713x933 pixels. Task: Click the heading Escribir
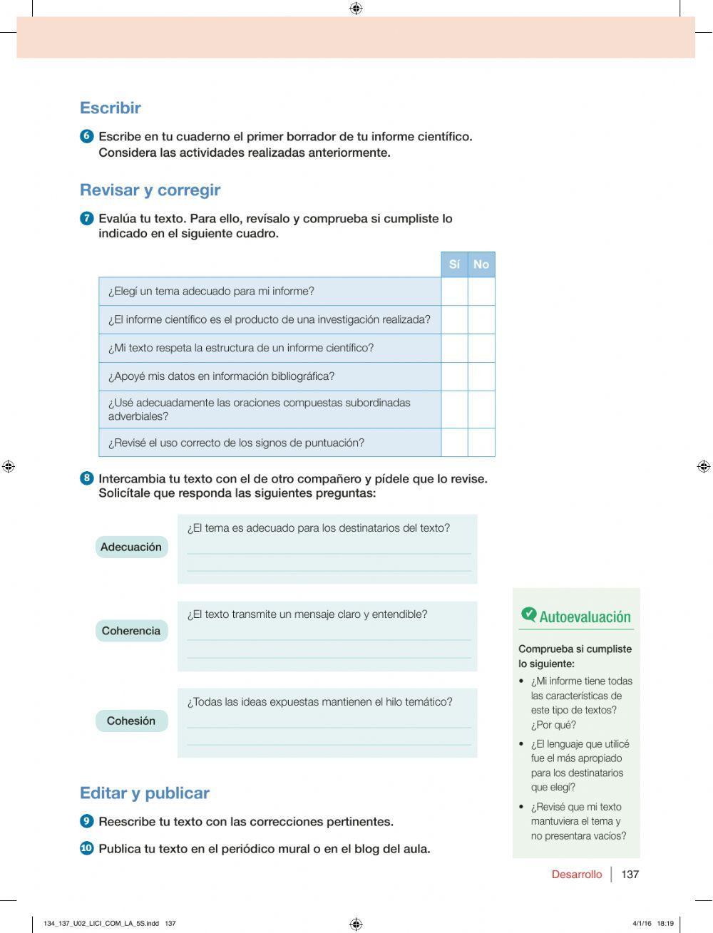click(x=111, y=108)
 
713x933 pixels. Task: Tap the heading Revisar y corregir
click(x=150, y=190)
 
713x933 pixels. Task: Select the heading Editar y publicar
click(x=144, y=793)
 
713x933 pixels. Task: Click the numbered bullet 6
click(x=87, y=136)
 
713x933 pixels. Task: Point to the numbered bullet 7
click(x=87, y=218)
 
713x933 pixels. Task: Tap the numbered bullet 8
click(x=87, y=478)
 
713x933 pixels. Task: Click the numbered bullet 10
click(x=87, y=848)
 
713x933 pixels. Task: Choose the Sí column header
click(x=454, y=264)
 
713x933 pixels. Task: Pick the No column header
click(x=481, y=264)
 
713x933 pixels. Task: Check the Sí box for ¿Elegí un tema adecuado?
click(x=454, y=292)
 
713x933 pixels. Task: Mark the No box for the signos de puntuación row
click(x=481, y=443)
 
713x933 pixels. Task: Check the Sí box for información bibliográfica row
click(x=454, y=376)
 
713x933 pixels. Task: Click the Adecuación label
click(x=131, y=547)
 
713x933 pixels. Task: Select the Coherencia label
click(x=131, y=631)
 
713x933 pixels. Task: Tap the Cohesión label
click(x=131, y=721)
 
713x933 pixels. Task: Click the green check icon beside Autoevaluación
click(x=528, y=614)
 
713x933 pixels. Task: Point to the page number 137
click(x=630, y=875)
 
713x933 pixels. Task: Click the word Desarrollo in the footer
click(x=576, y=875)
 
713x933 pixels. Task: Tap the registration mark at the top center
click(x=356, y=9)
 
